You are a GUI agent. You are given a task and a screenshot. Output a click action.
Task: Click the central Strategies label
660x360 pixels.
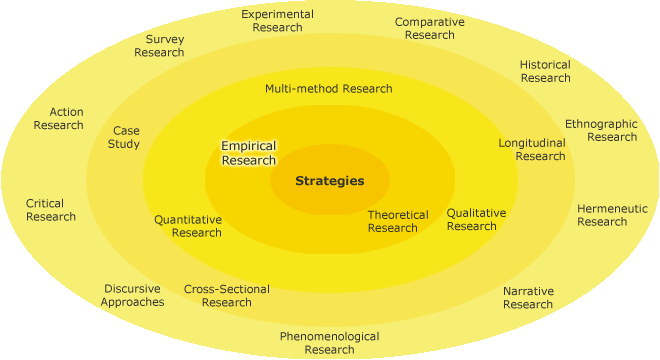[x=329, y=181]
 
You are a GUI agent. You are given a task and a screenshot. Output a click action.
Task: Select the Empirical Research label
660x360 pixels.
[x=248, y=153]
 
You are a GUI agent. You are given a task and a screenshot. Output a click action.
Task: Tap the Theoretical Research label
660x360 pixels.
[x=397, y=221]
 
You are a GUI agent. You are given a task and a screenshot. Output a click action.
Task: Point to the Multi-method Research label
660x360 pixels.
[x=328, y=88]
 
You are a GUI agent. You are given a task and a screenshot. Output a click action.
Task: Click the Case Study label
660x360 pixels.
[x=126, y=137]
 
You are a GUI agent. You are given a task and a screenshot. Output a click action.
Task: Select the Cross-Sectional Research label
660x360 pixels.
[x=226, y=296]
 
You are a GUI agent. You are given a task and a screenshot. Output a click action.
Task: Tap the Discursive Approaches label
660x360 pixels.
[x=132, y=295]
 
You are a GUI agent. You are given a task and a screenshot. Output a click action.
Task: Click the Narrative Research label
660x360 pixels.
[x=528, y=298]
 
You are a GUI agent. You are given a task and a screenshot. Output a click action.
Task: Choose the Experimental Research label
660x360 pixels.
[x=277, y=21]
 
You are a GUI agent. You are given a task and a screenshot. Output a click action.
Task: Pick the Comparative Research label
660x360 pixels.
[x=429, y=28]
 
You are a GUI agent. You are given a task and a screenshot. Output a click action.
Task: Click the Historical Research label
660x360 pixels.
[x=545, y=71]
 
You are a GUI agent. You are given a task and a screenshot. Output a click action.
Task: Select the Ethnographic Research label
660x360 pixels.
[x=600, y=130]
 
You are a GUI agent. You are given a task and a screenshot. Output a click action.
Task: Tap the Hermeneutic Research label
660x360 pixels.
[x=611, y=215]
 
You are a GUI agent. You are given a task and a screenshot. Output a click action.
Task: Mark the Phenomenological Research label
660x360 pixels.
[x=329, y=343]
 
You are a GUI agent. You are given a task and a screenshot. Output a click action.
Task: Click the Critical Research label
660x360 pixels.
[x=50, y=210]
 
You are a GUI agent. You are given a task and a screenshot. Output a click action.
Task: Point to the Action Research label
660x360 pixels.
[x=58, y=118]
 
